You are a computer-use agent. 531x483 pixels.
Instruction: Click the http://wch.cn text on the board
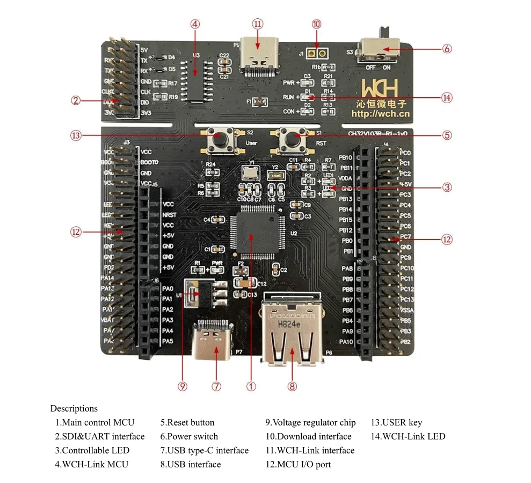pos(380,113)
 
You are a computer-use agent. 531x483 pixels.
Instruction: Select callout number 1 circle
pos(251,386)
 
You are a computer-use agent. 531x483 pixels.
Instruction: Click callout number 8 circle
pos(292,386)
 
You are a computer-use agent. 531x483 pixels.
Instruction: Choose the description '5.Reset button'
pos(187,422)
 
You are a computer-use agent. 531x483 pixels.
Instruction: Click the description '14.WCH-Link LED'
pos(408,436)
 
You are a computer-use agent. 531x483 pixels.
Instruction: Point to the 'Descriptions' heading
pos(74,408)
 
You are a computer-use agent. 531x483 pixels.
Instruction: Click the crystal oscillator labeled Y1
pos(250,172)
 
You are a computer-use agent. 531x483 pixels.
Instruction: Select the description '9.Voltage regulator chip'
pos(310,422)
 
